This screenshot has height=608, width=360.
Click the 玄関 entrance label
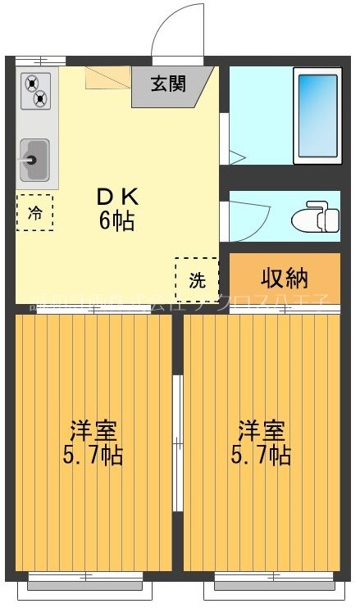[168, 83]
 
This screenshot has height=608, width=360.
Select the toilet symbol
[317, 218]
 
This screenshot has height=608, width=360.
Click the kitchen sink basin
[34, 160]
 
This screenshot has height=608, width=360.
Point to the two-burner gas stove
[34, 92]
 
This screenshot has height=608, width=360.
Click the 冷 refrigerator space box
[34, 212]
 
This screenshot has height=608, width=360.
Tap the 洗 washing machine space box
[196, 279]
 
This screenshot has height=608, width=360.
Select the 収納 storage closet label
[284, 278]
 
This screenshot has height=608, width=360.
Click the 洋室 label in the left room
[93, 429]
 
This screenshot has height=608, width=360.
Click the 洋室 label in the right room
[261, 429]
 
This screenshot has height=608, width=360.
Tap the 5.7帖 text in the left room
[93, 455]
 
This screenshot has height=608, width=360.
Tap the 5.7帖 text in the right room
[261, 455]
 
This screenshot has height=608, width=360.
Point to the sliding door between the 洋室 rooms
[177, 442]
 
